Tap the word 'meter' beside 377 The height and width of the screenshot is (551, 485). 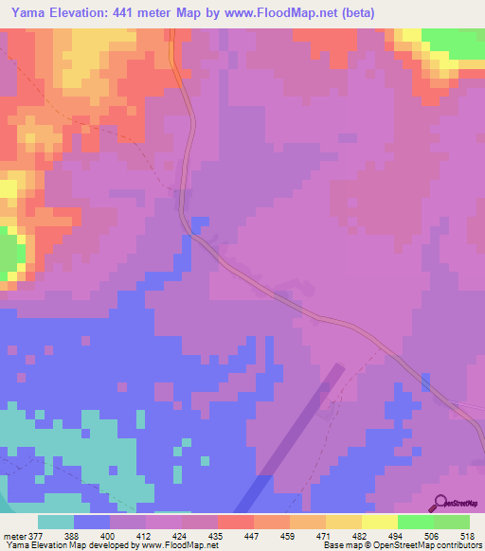coord(15,535)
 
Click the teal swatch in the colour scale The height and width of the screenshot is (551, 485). coord(56,522)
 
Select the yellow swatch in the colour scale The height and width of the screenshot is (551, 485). coord(379,522)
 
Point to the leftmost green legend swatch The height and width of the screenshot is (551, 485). coord(415,522)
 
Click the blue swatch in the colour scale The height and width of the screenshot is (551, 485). coord(92,522)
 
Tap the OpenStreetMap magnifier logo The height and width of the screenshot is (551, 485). coord(441,506)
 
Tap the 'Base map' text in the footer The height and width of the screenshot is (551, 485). coord(339,545)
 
